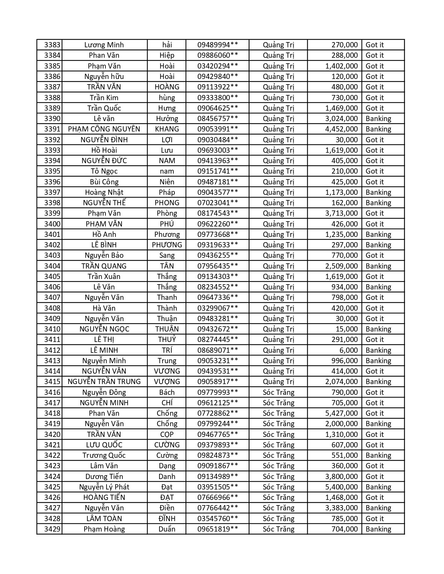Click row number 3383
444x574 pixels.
pos(52,45)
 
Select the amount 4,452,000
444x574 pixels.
pos(341,129)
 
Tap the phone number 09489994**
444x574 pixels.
pos(218,45)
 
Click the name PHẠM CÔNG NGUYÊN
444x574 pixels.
pos(104,129)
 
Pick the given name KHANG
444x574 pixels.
pos(167,129)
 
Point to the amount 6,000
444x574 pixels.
pos(349,350)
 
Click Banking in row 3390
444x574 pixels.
pos(378,119)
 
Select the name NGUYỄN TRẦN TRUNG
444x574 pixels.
pos(104,382)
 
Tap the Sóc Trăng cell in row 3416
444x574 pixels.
pos(278,392)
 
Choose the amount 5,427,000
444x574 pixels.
pos(341,413)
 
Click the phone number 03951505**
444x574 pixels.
pos(218,487)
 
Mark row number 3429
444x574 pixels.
pos(52,529)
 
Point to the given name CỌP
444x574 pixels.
pos(167,435)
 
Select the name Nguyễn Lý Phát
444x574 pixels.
pos(104,487)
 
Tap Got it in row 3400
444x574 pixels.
pos(374,224)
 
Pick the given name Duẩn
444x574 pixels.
pos(167,529)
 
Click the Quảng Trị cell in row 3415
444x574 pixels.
pos(278,382)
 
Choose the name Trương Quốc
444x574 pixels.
pos(104,455)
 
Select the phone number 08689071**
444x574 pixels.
pos(218,350)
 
